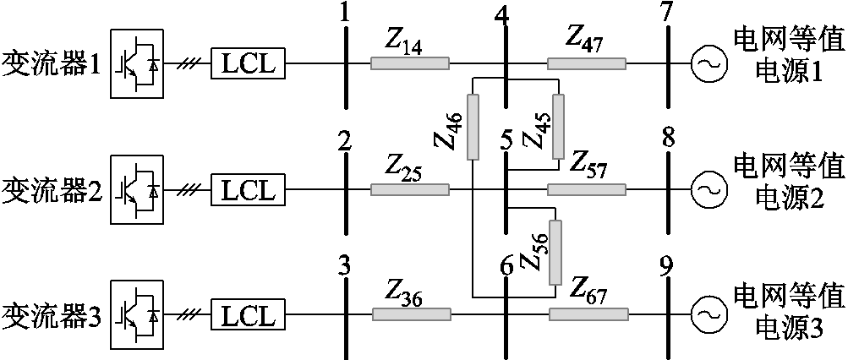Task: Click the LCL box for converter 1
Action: [x=249, y=63]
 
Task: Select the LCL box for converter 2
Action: [x=249, y=189]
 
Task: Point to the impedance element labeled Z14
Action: [x=409, y=63]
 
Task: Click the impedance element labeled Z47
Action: [x=586, y=63]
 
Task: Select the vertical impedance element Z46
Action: [x=473, y=128]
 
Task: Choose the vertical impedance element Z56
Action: [x=555, y=253]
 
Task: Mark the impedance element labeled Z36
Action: [x=411, y=315]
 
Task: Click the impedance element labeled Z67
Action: [x=588, y=315]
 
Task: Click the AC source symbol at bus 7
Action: [x=705, y=63]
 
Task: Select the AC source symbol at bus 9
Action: [x=705, y=315]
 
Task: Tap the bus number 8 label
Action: [x=668, y=139]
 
